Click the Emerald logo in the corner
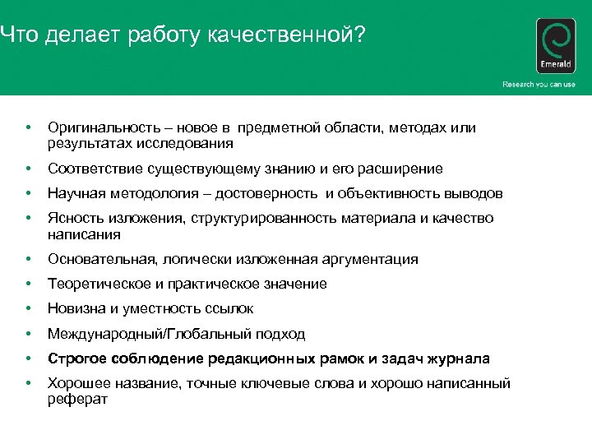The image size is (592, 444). (555, 47)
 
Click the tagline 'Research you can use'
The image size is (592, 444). (539, 85)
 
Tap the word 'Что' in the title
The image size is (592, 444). (17, 35)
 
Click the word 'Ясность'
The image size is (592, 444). (73, 218)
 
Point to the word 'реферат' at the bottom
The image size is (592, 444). (77, 399)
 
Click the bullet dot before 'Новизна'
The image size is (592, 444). (29, 309)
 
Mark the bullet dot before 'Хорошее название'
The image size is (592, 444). (29, 383)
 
